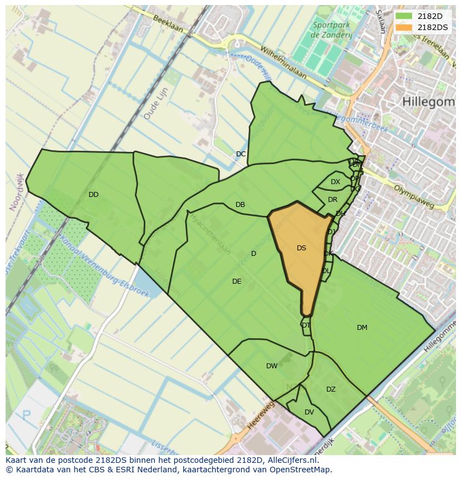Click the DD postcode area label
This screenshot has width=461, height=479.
click(x=94, y=195)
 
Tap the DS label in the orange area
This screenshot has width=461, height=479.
click(x=301, y=248)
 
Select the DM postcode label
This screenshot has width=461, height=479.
click(x=362, y=328)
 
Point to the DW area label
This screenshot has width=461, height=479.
click(x=272, y=366)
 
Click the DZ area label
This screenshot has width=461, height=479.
click(x=331, y=389)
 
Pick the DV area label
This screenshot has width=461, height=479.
click(x=309, y=412)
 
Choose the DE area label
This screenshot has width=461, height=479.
click(x=237, y=282)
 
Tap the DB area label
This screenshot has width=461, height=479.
click(x=240, y=205)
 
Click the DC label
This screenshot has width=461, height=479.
click(x=241, y=154)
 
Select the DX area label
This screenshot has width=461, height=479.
click(x=335, y=182)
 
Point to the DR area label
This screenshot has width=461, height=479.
click(x=332, y=200)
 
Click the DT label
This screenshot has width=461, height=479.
click(x=306, y=325)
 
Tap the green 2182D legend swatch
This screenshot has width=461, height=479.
click(x=404, y=16)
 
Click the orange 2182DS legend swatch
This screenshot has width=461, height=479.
click(x=404, y=27)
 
